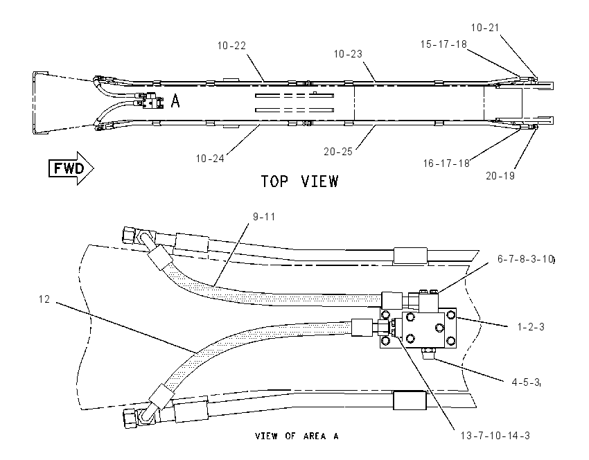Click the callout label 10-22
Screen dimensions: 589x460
point(231,46)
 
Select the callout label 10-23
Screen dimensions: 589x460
point(348,54)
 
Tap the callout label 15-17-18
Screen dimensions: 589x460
point(443,44)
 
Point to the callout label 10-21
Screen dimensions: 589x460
point(485,28)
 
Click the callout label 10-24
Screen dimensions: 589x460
point(210,159)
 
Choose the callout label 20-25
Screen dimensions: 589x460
point(338,151)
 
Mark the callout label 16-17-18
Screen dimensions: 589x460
point(446,163)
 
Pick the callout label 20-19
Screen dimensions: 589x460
point(500,176)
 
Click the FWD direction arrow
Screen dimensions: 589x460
point(71,168)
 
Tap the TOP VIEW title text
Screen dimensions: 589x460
point(299,182)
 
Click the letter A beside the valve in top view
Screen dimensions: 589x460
point(175,101)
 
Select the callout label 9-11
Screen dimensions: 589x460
point(264,217)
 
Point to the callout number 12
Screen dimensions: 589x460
point(44,299)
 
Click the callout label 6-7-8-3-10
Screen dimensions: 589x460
point(525,259)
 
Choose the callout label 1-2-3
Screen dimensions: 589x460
point(531,327)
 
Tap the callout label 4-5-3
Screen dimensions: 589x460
point(525,382)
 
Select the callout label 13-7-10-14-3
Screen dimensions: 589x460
point(495,436)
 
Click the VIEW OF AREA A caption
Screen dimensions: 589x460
point(297,436)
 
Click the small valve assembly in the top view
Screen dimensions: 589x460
point(152,101)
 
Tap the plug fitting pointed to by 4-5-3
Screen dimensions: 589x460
point(428,353)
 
